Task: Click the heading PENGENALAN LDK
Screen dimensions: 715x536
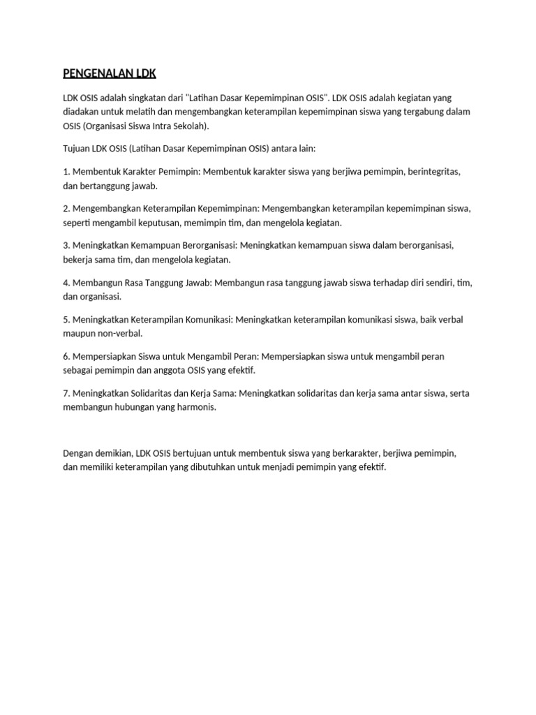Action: [110, 73]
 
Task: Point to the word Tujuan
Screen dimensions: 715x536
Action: [77, 149]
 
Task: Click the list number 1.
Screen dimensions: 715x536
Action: [66, 171]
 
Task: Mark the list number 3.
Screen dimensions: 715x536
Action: [66, 245]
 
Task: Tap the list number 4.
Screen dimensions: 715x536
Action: [66, 282]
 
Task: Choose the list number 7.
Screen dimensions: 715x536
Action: [66, 393]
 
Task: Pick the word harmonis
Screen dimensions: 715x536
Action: [195, 408]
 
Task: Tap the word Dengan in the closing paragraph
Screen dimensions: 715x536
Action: [78, 452]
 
